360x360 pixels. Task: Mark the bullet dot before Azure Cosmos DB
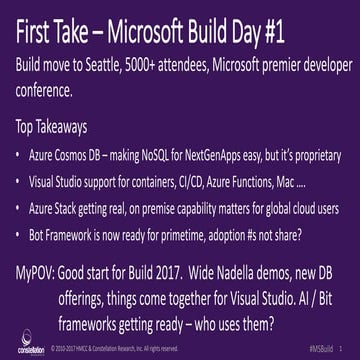coord(22,156)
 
